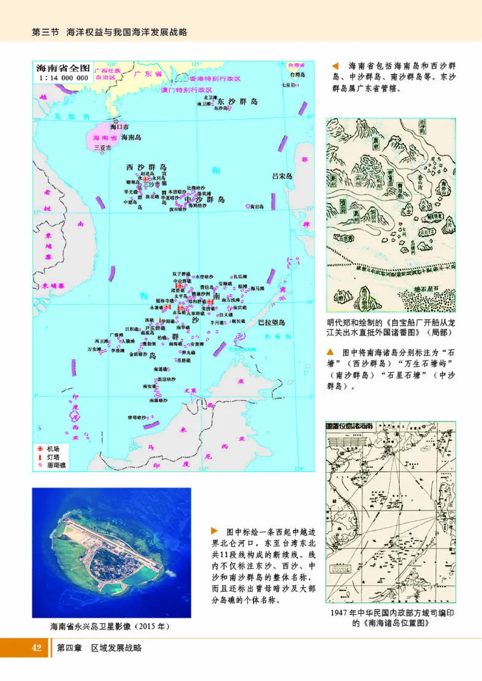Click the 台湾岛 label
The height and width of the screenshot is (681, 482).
pyautogui.click(x=298, y=75)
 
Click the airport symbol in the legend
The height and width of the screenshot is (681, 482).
pyautogui.click(x=40, y=449)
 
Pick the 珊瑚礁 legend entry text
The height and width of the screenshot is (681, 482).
pyautogui.click(x=56, y=465)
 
